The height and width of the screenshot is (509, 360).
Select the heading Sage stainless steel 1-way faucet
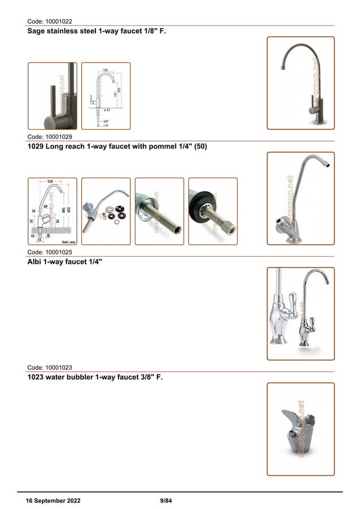[x=96, y=32]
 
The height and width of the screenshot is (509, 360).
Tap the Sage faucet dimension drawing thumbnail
[x=106, y=96]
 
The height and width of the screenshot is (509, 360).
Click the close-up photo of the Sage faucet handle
[x=52, y=96]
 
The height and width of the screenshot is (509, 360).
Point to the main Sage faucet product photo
[x=300, y=83]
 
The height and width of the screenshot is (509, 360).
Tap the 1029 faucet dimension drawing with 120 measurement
[x=52, y=211]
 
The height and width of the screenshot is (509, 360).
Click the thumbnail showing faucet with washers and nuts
[x=106, y=211]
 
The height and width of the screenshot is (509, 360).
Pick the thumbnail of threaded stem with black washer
[x=213, y=211]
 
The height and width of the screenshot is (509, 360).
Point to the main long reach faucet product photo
[x=300, y=198]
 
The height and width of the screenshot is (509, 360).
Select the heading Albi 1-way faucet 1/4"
[x=65, y=262]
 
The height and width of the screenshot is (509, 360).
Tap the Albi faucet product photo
[x=300, y=313]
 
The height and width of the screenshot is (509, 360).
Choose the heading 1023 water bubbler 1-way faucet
[x=95, y=377]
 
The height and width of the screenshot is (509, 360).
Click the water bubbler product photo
[x=300, y=428]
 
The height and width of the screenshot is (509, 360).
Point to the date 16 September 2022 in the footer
[x=53, y=501]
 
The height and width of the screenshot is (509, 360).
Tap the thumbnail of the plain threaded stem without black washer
[x=159, y=211]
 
